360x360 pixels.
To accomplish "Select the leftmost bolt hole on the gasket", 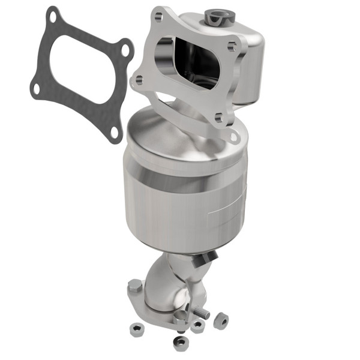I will [36, 88].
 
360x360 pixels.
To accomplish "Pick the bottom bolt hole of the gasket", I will [113, 131].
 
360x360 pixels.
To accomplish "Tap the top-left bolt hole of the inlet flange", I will [158, 17].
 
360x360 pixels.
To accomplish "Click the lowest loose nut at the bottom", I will [180, 343].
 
